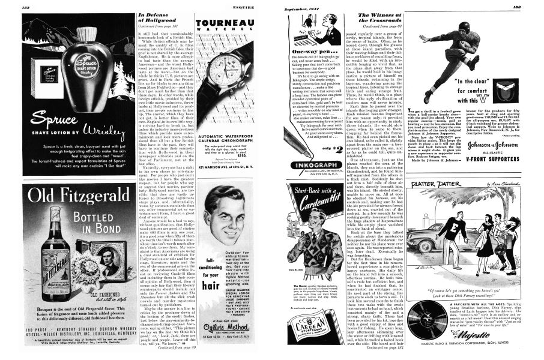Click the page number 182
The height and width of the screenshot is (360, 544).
27,7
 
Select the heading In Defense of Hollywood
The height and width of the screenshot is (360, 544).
157,20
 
